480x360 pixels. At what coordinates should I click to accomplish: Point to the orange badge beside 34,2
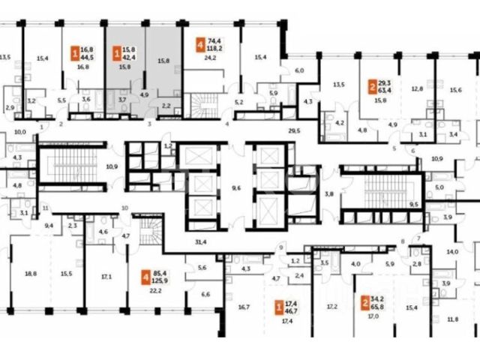(x=365, y=303)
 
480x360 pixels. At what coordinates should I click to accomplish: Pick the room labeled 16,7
(x=244, y=306)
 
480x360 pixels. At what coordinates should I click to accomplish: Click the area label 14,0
(x=452, y=252)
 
